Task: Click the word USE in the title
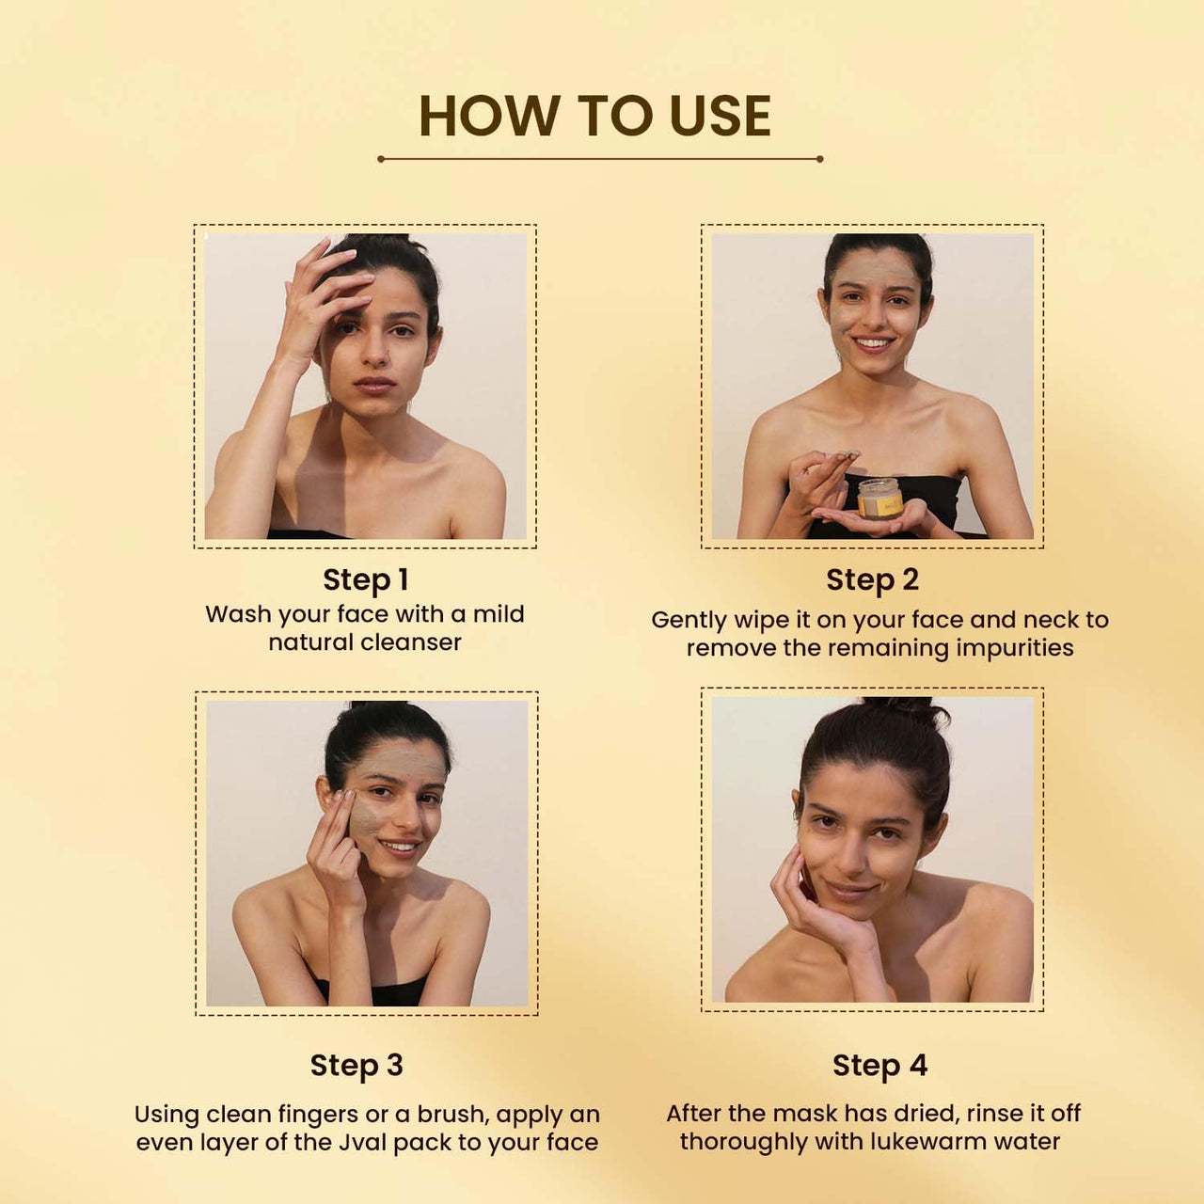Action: [x=720, y=117]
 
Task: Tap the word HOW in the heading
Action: [x=489, y=117]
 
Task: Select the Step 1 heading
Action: [x=365, y=580]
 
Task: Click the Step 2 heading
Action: [x=872, y=580]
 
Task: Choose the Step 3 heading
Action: [x=356, y=1066]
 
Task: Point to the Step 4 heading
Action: [x=879, y=1066]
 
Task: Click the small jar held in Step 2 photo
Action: [x=879, y=498]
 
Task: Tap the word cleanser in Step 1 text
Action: [x=411, y=642]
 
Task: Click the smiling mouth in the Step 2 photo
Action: [x=873, y=343]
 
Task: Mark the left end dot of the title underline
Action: [x=381, y=159]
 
